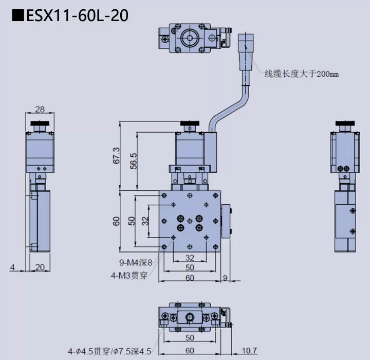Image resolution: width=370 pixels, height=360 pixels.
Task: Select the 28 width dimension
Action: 39,109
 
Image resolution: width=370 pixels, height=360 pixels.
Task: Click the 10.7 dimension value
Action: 249,351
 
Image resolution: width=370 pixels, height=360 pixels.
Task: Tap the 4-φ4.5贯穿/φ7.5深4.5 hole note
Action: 109,351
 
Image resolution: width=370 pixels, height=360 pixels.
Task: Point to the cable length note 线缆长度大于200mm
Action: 302,74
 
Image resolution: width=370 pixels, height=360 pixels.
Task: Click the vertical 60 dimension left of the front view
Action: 116,221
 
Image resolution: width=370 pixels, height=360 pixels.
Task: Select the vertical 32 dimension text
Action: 145,221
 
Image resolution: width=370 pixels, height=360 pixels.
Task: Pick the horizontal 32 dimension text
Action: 190,258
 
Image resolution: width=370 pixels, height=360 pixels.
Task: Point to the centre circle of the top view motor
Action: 189,37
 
